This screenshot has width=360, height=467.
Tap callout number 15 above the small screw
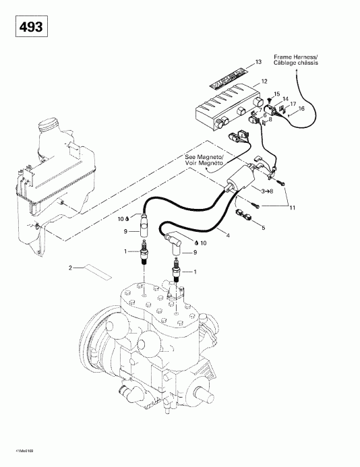pyautogui.click(x=276, y=94)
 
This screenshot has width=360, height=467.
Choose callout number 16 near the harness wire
pyautogui.click(x=301, y=108)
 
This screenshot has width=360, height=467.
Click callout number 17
pyautogui.click(x=293, y=104)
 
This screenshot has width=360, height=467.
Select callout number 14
pyautogui.click(x=285, y=99)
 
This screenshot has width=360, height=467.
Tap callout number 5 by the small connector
pyautogui.click(x=263, y=228)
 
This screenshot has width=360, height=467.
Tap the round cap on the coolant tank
pyautogui.click(x=48, y=126)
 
